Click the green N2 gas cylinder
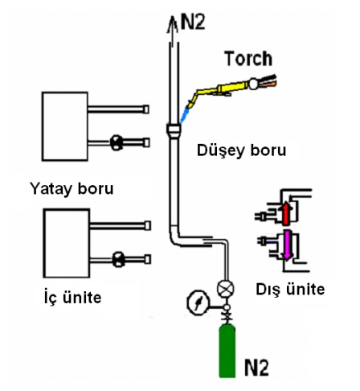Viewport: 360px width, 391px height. pos(227,351)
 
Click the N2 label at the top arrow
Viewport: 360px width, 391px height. pos(193,21)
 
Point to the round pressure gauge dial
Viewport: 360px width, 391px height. pos(198,303)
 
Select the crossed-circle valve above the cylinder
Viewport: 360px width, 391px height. pos(225,289)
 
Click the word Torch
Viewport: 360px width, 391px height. pos(248,59)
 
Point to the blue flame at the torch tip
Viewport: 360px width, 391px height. pos(185,115)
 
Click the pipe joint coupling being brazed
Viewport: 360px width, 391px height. pos(174,130)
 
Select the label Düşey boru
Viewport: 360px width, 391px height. pos(241,150)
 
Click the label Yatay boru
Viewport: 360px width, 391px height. pos(72,188)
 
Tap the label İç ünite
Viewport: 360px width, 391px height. pos(72,297)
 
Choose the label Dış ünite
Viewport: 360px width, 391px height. pos(290,289)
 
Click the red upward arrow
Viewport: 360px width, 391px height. pos(286,213)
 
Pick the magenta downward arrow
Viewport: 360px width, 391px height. pos(287,245)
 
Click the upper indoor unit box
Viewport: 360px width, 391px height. pos(65,126)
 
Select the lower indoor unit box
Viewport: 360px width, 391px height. pos(67,243)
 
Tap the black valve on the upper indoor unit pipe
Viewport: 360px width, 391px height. pos(117,142)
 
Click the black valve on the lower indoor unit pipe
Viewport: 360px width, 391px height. pos(118,259)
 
